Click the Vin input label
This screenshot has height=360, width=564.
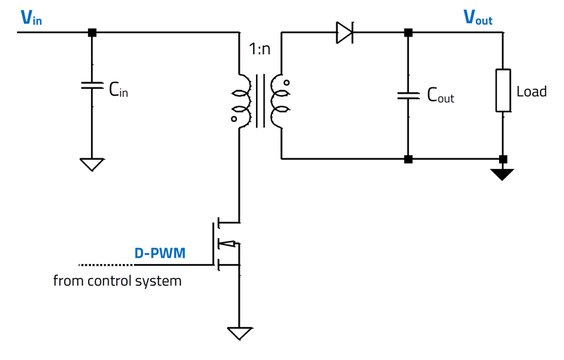pos(31,18)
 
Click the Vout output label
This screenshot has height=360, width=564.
pos(477,18)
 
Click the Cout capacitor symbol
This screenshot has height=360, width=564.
pos(407,94)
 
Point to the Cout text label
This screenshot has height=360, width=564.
pos(441,97)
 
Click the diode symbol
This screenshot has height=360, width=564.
pos(344,33)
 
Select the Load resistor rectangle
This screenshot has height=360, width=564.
pos(503,90)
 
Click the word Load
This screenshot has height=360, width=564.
pos(532,92)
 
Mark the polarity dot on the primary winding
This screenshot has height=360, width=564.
pos(233,119)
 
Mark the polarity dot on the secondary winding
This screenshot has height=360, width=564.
pos(287,82)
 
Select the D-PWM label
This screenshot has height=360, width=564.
pos(160,252)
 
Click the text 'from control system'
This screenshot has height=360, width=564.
pos(117,281)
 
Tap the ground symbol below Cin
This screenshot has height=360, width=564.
pos(91,164)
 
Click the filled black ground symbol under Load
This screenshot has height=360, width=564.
pos(503,173)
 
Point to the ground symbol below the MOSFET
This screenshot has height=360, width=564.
pos(240,333)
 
